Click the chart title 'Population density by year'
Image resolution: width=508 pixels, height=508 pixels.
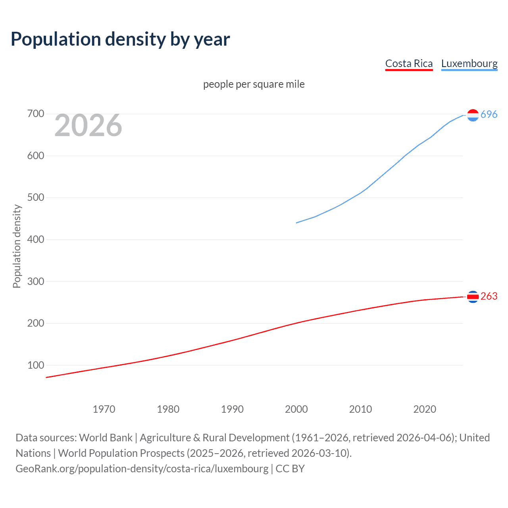pyautogui.click(x=120, y=39)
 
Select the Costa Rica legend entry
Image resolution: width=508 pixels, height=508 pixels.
pyautogui.click(x=409, y=63)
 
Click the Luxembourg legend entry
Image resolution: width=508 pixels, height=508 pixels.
pyautogui.click(x=469, y=63)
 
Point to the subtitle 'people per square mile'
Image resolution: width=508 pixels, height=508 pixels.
pyautogui.click(x=254, y=84)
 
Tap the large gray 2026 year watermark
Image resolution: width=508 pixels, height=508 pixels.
pyautogui.click(x=88, y=125)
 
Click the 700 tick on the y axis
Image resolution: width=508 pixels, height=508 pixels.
pyautogui.click(x=36, y=114)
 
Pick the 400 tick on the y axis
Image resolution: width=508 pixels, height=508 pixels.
pyautogui.click(x=36, y=239)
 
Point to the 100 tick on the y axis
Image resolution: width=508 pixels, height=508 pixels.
pyautogui.click(x=36, y=365)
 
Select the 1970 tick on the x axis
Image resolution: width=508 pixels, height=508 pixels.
pyautogui.click(x=104, y=409)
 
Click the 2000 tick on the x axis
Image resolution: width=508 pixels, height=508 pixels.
pyautogui.click(x=296, y=409)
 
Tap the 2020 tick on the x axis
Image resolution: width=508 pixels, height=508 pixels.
pyautogui.click(x=425, y=409)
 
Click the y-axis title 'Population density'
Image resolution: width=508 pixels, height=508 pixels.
pyautogui.click(x=17, y=246)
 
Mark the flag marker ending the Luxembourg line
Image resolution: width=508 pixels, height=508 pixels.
pyautogui.click(x=473, y=115)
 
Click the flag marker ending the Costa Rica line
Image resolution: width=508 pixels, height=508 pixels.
pyautogui.click(x=473, y=296)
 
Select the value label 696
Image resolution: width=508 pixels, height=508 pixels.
pyautogui.click(x=489, y=114)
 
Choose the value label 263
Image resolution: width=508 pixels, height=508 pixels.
pyautogui.click(x=489, y=296)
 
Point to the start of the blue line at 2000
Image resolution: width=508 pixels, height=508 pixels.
pyautogui.click(x=297, y=223)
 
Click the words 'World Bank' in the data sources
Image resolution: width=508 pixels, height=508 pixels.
pyautogui.click(x=106, y=438)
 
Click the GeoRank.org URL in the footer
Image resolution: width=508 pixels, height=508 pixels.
pyautogui.click(x=142, y=469)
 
